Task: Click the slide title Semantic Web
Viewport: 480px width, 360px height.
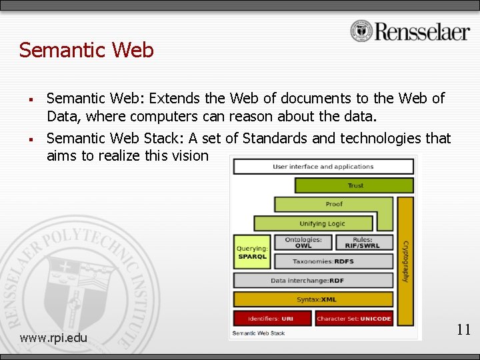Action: coord(87,50)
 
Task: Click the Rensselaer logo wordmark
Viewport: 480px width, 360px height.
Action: coord(422,31)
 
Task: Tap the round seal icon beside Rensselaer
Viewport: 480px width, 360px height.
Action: coord(361,31)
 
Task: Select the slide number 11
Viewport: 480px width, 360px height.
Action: coord(463,329)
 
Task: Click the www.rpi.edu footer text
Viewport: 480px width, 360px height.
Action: coord(53,337)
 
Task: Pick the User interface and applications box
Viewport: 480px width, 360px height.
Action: coord(323,167)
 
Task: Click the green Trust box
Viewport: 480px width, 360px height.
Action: coord(355,185)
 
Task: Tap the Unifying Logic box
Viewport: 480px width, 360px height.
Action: coord(322,223)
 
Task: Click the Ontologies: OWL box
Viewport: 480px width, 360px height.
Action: coord(303,243)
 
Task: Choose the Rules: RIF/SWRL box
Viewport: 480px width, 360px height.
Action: coord(363,243)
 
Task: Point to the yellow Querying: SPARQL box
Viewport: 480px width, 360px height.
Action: coord(251,253)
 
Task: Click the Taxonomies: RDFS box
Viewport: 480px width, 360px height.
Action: coord(333,261)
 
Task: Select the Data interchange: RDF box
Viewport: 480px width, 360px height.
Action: coord(313,281)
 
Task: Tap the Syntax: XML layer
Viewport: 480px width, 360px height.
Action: coord(313,299)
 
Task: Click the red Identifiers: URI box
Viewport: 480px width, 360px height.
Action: coord(272,318)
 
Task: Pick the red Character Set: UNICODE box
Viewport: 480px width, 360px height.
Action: coord(354,318)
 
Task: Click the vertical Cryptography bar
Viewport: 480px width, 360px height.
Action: coord(405,260)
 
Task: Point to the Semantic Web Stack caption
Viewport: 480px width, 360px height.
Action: coord(258,333)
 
